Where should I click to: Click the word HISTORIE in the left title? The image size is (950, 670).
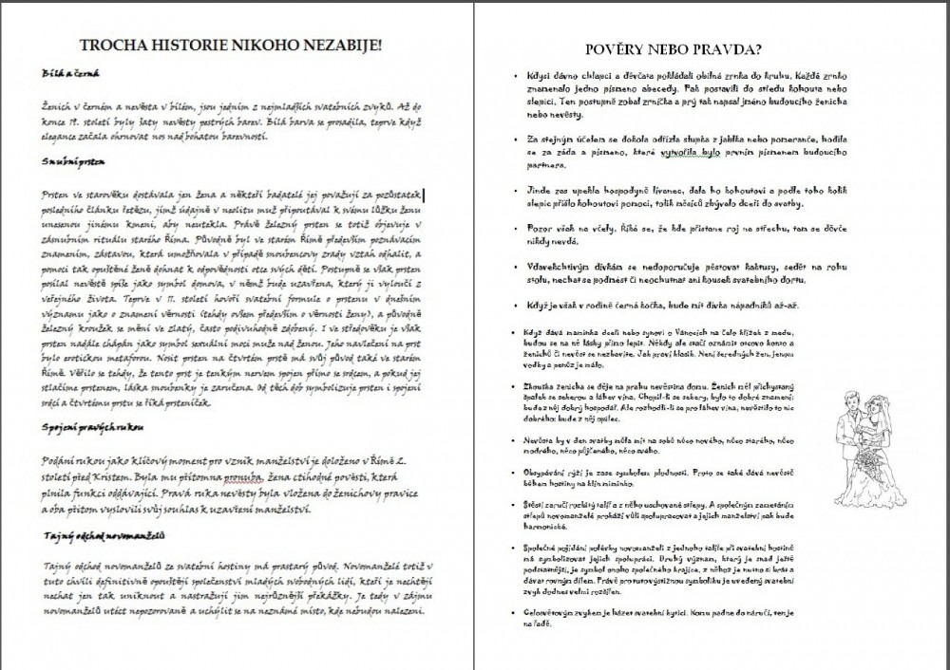point(187,45)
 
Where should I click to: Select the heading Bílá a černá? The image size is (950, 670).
point(66,72)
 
